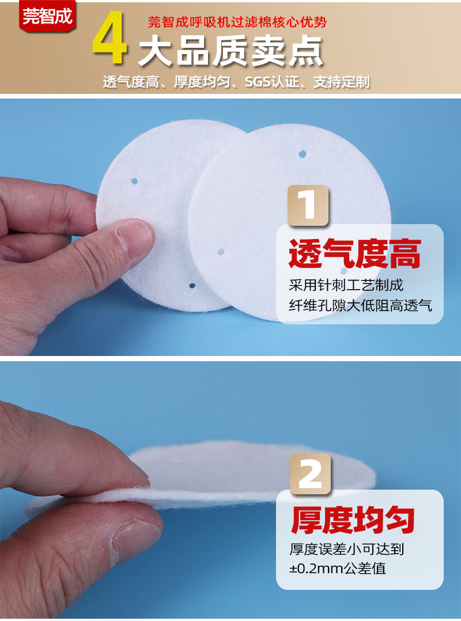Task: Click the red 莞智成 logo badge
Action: coord(47,16)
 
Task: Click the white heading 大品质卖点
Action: coord(231,52)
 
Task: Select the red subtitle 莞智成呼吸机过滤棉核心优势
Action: coord(237,22)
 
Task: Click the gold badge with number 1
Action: coord(308,205)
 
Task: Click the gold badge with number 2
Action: coord(310,474)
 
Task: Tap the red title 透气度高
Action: coord(354,255)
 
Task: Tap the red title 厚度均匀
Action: coord(353,519)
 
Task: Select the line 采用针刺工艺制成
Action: coord(346,285)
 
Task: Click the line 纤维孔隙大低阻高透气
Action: coord(360,305)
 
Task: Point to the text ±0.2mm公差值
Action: coord(337,569)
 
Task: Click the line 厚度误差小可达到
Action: coord(346,550)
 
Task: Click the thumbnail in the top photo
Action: coord(136,236)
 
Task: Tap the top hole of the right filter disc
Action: coord(303,154)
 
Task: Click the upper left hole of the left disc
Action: coord(134,181)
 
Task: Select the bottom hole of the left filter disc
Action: coord(192,285)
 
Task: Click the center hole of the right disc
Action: coord(221,252)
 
